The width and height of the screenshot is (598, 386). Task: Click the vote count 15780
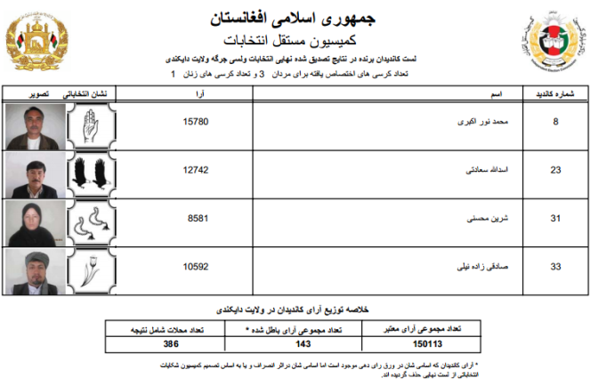pos(195,122)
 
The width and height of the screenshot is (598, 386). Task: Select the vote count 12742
pos(195,168)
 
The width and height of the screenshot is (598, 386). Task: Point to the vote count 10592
pos(195,265)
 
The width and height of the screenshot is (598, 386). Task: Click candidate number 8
pos(556,122)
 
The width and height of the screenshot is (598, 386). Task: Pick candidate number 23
pos(555,168)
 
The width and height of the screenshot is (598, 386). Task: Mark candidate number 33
pos(555,265)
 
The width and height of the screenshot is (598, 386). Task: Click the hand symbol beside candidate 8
pos(89,127)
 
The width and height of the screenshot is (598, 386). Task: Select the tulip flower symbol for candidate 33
pos(89,271)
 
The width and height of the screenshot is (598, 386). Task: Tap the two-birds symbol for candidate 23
pos(89,175)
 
